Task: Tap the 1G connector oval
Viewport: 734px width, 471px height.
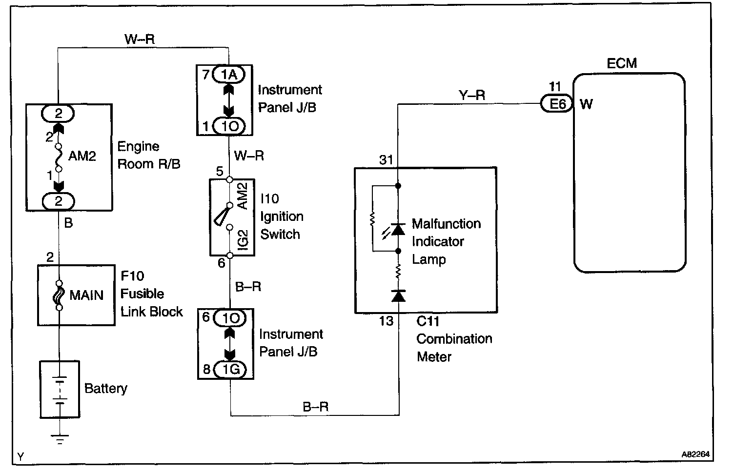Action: click(231, 369)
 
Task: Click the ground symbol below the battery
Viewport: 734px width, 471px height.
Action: click(59, 440)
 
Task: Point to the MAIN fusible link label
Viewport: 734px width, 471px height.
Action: click(86, 295)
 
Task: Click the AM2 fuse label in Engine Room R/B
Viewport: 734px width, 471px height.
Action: click(82, 156)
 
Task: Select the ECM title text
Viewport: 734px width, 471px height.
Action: click(622, 63)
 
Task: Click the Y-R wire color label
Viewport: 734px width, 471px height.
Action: click(472, 95)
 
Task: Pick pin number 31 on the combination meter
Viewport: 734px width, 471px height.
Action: click(386, 159)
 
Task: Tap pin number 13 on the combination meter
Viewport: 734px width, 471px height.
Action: click(386, 321)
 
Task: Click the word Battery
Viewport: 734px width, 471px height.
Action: click(105, 389)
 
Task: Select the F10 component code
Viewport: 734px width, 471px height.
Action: click(132, 276)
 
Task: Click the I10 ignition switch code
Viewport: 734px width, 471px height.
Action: click(269, 199)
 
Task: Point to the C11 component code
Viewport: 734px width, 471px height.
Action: click(428, 321)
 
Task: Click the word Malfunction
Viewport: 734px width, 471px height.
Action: click(446, 224)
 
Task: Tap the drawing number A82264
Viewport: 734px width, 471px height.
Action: click(695, 454)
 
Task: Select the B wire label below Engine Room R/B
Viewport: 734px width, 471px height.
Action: click(68, 223)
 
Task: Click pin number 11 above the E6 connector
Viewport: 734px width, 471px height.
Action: click(555, 87)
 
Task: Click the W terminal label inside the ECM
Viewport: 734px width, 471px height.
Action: click(586, 104)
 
